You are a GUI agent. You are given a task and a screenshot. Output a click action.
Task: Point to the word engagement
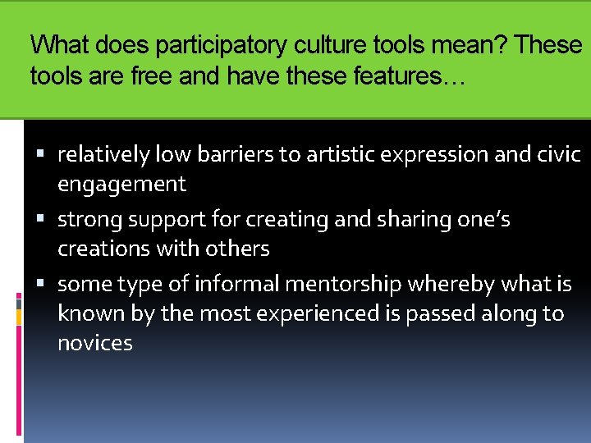[121, 184]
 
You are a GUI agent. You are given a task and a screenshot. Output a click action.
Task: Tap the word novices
[94, 343]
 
